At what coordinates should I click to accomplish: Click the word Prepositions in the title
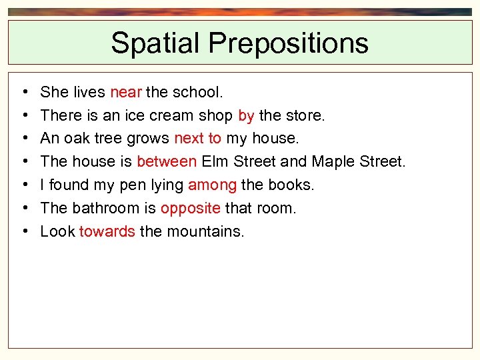click(288, 43)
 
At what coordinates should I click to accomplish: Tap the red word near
click(125, 92)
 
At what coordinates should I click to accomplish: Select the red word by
click(246, 115)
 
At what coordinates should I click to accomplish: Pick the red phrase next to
click(197, 139)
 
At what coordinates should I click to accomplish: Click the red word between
click(167, 161)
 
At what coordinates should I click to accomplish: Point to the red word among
click(212, 185)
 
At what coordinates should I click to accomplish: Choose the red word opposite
click(190, 208)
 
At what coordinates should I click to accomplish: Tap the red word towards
click(107, 231)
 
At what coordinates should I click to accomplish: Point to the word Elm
click(215, 161)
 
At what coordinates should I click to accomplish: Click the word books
click(290, 185)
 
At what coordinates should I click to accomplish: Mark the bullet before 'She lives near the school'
click(24, 93)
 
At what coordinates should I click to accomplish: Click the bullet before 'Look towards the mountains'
click(24, 232)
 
